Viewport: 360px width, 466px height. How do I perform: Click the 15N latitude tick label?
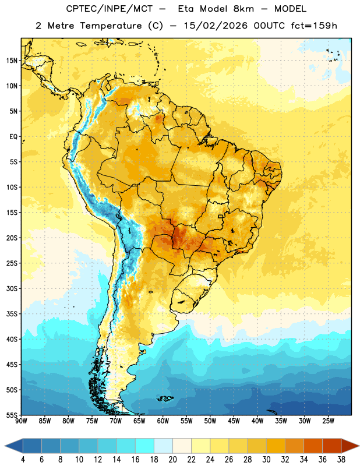pyautogui.click(x=12, y=61)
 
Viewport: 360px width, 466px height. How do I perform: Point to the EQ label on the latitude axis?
pyautogui.click(x=13, y=137)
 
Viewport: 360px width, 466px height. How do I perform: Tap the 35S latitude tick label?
pyautogui.click(x=12, y=314)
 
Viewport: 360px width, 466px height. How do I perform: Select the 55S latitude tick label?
pyautogui.click(x=12, y=415)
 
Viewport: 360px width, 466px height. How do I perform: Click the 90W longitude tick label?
pyautogui.click(x=21, y=421)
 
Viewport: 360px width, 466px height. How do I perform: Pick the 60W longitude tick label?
pyautogui.click(x=163, y=421)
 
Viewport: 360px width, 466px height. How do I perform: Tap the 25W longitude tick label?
pyautogui.click(x=328, y=421)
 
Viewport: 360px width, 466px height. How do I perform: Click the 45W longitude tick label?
pyautogui.click(x=234, y=421)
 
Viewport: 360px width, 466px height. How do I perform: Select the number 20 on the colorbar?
pyautogui.click(x=172, y=460)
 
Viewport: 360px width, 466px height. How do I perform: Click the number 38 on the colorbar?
pyautogui.click(x=341, y=460)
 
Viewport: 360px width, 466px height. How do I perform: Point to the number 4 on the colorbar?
pyautogui.click(x=23, y=460)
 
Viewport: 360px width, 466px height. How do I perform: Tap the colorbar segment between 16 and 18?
pyautogui.click(x=145, y=446)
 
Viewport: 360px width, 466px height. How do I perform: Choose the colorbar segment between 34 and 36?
pyautogui.click(x=313, y=446)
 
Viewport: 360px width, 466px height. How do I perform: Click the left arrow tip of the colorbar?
pyautogui.click(x=5, y=446)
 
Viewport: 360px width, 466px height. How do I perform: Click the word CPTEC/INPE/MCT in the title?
pyautogui.click(x=110, y=9)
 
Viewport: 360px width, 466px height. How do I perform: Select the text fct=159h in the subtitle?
pyautogui.click(x=314, y=26)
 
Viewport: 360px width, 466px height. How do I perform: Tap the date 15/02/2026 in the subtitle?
pyautogui.click(x=216, y=26)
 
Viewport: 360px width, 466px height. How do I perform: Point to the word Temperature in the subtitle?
pyautogui.click(x=111, y=26)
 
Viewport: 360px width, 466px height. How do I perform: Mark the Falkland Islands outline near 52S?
pyautogui.click(x=165, y=398)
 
